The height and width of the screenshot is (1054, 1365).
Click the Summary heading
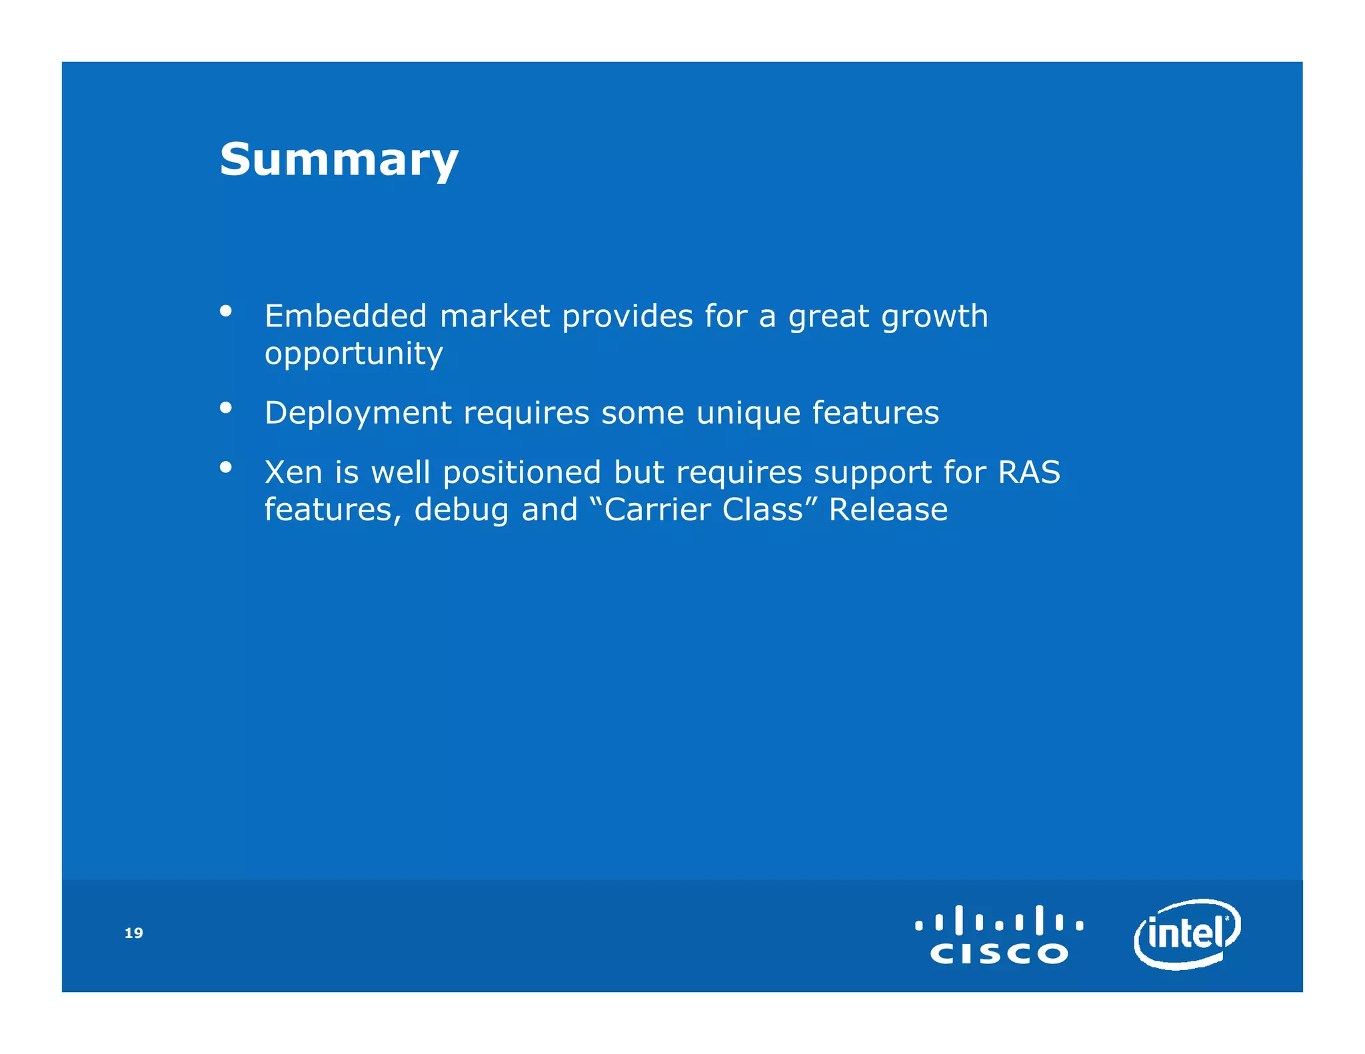tap(339, 160)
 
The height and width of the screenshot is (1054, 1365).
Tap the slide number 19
tap(134, 933)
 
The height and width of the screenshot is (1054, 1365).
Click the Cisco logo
tap(998, 934)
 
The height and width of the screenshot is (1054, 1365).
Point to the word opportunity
tap(353, 354)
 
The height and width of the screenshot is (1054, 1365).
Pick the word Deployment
tap(358, 413)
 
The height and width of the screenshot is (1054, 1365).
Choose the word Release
tap(888, 510)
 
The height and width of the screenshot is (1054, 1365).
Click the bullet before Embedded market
tap(226, 310)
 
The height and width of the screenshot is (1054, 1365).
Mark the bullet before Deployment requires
tap(226, 407)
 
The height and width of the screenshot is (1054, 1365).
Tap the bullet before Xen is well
tap(226, 467)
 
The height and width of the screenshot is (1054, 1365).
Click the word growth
tap(934, 317)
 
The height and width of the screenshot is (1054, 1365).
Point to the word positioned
tap(522, 474)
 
